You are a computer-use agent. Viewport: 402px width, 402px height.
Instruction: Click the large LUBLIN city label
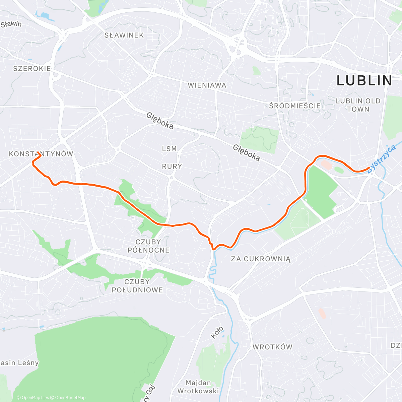[364, 81]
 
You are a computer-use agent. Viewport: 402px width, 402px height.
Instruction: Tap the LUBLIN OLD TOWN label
[358, 105]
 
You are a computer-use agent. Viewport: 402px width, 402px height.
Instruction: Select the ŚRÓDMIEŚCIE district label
[295, 106]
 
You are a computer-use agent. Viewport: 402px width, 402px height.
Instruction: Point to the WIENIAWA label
[207, 85]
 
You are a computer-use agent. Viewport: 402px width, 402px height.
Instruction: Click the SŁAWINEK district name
[124, 35]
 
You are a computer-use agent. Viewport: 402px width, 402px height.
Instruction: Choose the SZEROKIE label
[32, 69]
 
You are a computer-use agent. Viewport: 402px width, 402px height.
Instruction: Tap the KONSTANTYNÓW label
[41, 154]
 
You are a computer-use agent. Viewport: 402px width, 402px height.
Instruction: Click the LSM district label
[169, 149]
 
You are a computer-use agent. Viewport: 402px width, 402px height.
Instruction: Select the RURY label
[172, 166]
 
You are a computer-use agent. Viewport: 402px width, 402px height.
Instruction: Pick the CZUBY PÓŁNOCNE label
[148, 246]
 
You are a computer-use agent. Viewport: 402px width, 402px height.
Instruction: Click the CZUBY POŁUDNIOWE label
[137, 286]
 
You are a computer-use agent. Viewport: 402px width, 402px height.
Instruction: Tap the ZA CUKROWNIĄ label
[261, 259]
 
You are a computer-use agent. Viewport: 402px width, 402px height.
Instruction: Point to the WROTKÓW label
[272, 347]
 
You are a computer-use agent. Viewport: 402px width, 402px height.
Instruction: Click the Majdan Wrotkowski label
[198, 387]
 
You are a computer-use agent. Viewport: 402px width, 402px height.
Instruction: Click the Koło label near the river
[217, 332]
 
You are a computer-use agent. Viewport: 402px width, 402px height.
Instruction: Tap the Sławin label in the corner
[11, 24]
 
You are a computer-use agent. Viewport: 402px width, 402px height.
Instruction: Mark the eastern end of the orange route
[369, 167]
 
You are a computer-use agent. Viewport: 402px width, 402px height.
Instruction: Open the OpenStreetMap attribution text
[70, 398]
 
